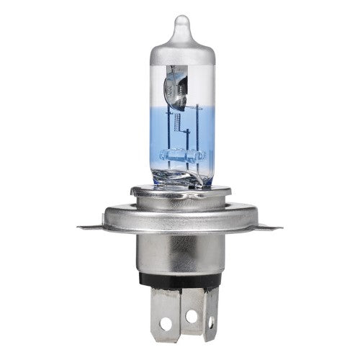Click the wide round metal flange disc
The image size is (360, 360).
179,216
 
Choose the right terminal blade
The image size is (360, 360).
210,313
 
